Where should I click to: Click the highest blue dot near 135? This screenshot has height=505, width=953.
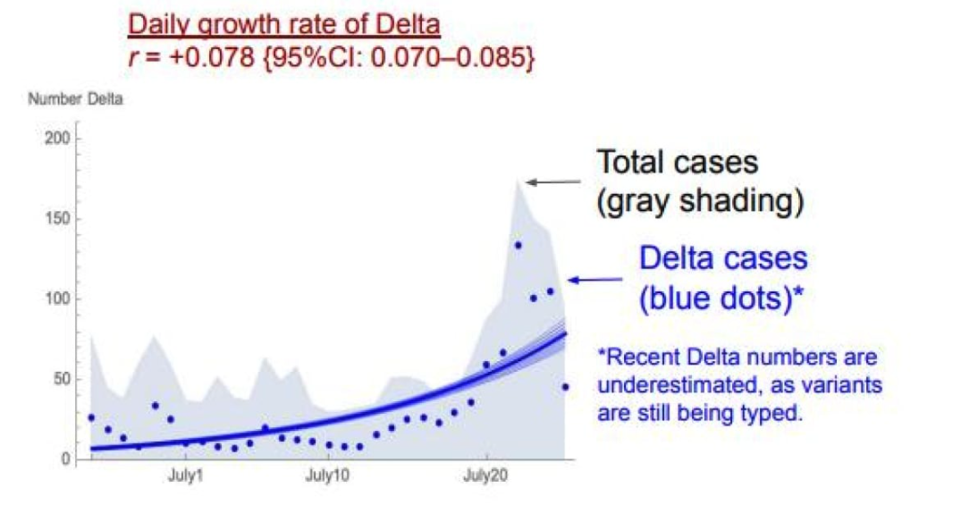(x=518, y=245)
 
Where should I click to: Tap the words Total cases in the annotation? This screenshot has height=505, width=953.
(x=677, y=163)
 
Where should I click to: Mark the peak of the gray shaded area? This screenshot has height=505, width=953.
(x=518, y=181)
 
